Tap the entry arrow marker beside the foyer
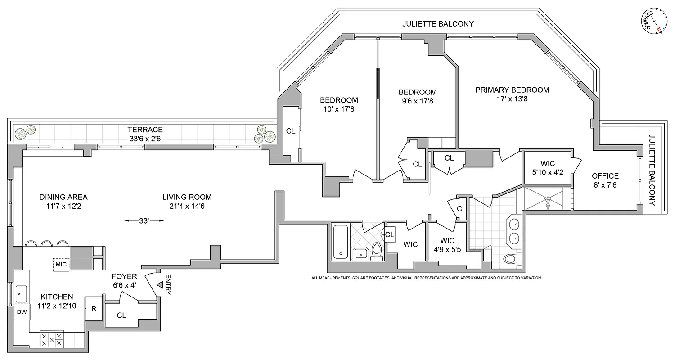click(x=159, y=284)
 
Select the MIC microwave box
click(x=61, y=264)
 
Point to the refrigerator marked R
click(x=94, y=309)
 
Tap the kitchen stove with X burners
click(x=52, y=339)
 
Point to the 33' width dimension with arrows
click(x=144, y=220)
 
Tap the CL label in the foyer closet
click(x=121, y=315)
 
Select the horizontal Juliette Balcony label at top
click(x=438, y=24)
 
